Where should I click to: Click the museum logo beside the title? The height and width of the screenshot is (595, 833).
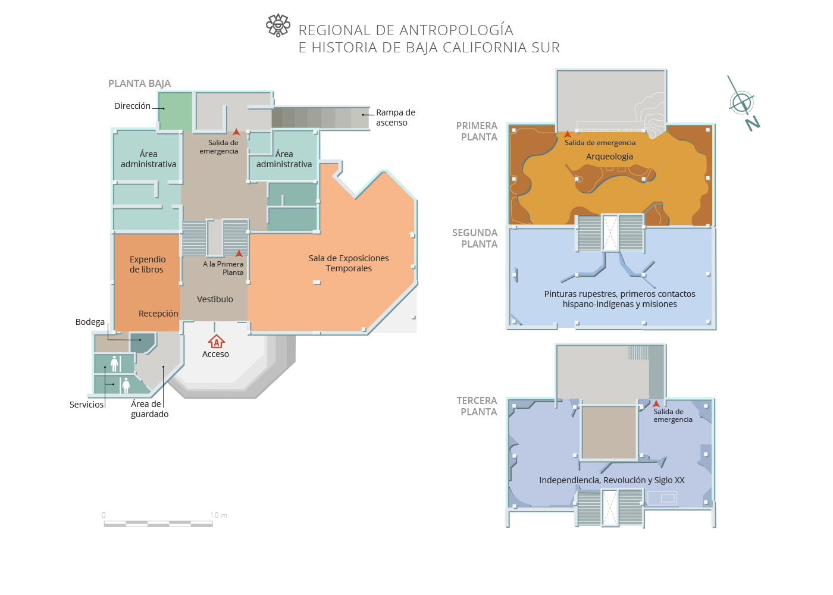[278, 26]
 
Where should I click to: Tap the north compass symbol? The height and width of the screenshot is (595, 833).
[742, 103]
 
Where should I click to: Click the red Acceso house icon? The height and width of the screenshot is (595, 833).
[216, 342]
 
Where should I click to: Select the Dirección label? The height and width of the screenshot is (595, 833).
[132, 106]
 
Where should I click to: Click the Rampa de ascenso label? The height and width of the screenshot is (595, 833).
[395, 117]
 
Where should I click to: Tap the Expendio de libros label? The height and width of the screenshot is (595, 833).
[147, 264]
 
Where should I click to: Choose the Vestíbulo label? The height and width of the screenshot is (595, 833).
[215, 299]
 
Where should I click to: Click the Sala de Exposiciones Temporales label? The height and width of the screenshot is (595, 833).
[349, 263]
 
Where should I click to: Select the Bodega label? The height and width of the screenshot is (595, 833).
[90, 322]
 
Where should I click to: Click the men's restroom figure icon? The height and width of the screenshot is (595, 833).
[115, 363]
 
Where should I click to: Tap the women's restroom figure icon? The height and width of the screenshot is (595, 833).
[126, 385]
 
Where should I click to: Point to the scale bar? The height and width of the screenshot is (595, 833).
[158, 524]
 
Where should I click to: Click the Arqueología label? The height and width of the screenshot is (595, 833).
[609, 156]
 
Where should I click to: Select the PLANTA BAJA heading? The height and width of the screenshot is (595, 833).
[139, 83]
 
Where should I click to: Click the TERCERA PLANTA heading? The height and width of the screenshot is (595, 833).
[477, 406]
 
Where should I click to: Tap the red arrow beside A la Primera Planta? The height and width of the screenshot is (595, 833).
[239, 254]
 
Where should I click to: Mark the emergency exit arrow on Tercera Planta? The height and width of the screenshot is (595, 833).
[656, 404]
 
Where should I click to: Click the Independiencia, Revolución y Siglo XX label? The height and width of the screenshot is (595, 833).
[612, 480]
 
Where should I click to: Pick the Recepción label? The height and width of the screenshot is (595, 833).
[158, 314]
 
